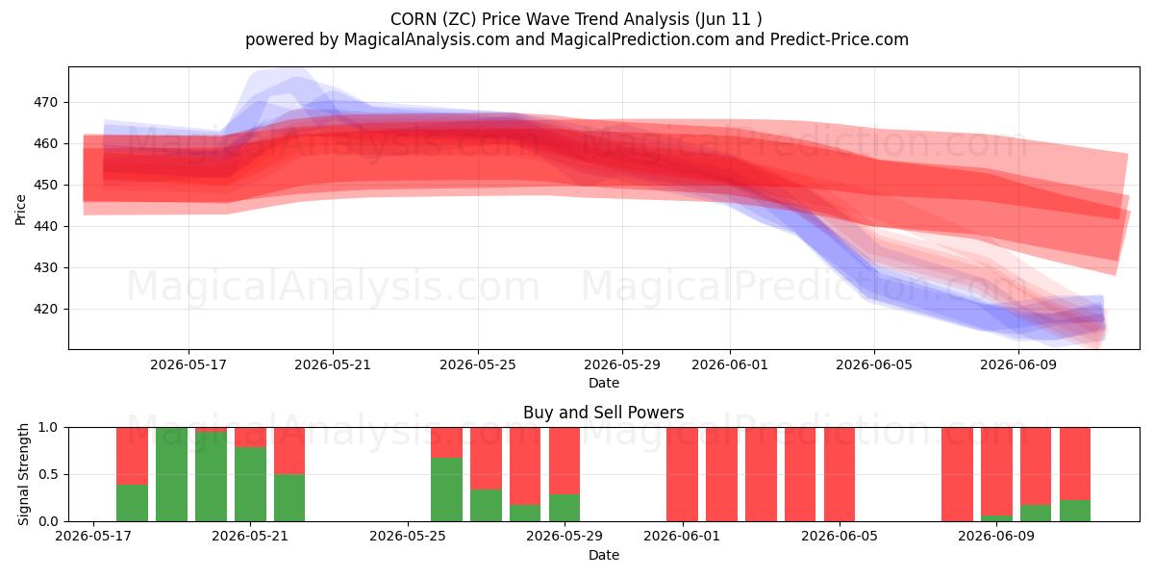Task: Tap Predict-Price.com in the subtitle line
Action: pos(840,39)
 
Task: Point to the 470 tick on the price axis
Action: pos(45,103)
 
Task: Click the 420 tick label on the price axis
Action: pos(45,309)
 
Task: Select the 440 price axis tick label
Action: pos(45,226)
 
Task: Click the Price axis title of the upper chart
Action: pos(20,210)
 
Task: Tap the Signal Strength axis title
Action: pos(23,474)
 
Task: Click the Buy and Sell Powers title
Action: pos(603,413)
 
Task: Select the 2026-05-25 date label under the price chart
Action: pos(478,364)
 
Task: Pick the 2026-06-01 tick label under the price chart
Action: pos(730,364)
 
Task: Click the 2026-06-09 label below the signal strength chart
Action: pos(996,537)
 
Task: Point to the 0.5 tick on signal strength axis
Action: pos(48,474)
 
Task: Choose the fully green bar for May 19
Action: pos(171,474)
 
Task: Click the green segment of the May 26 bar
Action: pos(446,489)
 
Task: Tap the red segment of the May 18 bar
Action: pos(133,456)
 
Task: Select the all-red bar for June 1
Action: pos(682,474)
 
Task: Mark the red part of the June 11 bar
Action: pos(1075,464)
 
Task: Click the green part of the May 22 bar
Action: pos(289,498)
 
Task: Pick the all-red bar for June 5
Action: pos(840,474)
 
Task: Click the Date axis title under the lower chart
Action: pos(604,556)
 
